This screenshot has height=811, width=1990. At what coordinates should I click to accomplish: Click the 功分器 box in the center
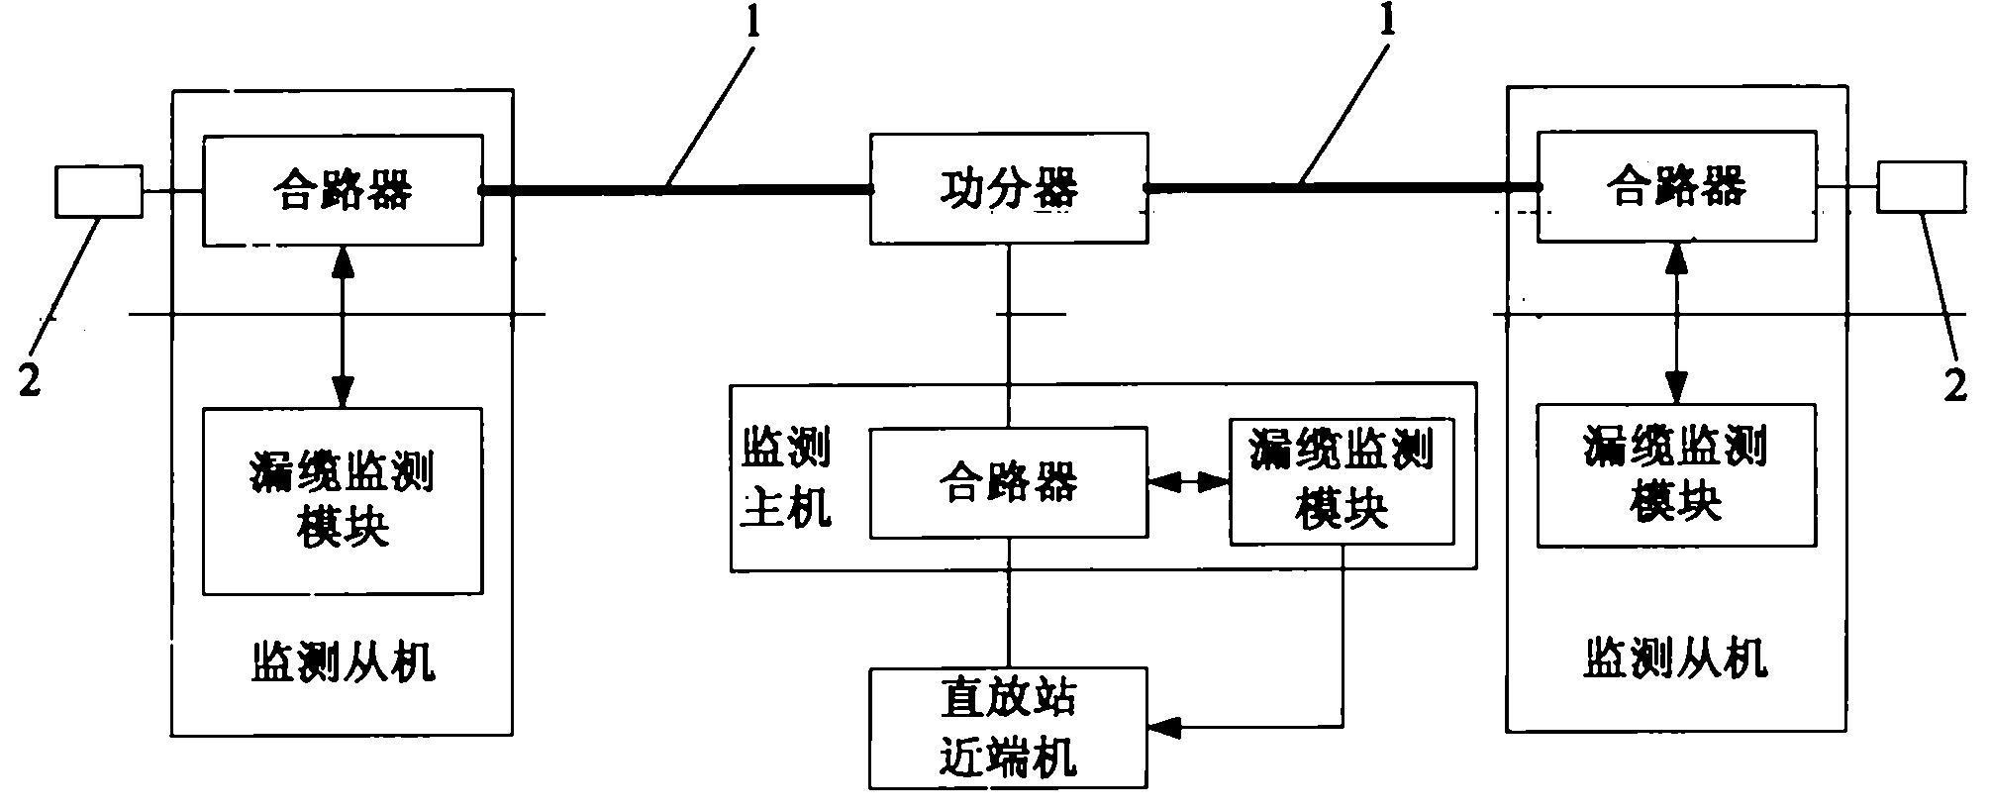[x=1009, y=188]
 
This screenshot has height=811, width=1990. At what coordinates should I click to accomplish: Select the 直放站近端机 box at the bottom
[x=1008, y=728]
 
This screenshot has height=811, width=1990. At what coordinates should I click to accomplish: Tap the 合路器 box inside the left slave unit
[x=343, y=189]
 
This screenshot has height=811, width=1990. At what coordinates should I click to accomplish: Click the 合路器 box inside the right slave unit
[x=1675, y=186]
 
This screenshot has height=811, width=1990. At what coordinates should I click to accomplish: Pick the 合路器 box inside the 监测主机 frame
[x=1008, y=483]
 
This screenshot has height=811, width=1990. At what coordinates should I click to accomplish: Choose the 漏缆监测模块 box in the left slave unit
[x=343, y=500]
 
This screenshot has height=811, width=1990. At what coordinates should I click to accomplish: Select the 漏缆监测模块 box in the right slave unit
[x=1675, y=475]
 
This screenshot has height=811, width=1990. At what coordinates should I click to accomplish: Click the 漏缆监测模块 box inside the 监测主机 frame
[x=1342, y=481]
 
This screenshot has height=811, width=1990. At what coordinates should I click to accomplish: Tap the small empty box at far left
[x=98, y=191]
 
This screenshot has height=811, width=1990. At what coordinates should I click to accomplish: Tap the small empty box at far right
[x=1921, y=187]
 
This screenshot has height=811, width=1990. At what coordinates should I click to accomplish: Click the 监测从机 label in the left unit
[x=343, y=661]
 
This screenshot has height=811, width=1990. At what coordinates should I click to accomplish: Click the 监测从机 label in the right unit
[x=1675, y=659]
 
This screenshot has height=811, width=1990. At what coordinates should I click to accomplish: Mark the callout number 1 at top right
[x=1389, y=22]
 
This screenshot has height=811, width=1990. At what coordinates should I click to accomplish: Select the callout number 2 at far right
[x=1955, y=385]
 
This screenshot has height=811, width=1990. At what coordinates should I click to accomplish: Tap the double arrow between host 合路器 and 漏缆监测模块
[x=1188, y=483]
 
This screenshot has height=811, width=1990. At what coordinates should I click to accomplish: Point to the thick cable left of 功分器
[x=673, y=189]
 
